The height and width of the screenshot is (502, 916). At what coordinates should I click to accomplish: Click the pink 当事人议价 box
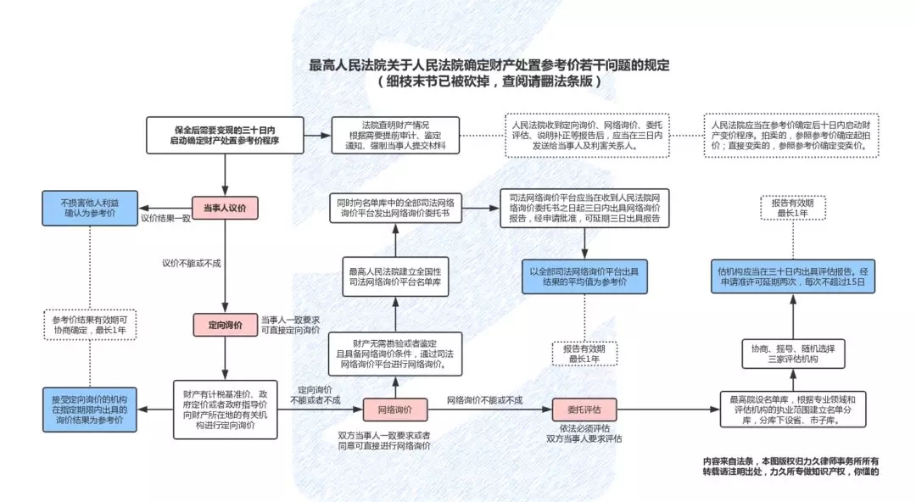tap(225, 208)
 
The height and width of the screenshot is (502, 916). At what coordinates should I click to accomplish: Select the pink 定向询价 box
tap(225, 325)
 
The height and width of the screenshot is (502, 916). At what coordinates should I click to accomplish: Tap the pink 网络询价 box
tap(393, 410)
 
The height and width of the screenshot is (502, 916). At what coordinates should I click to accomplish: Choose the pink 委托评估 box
tap(584, 410)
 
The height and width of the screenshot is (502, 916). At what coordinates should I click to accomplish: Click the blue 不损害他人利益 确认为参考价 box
tap(89, 208)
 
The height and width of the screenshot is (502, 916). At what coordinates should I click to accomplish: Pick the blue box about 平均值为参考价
tap(584, 277)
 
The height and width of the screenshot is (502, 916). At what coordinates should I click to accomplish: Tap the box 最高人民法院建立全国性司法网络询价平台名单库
tap(394, 276)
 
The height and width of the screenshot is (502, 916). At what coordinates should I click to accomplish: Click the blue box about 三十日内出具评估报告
tap(793, 277)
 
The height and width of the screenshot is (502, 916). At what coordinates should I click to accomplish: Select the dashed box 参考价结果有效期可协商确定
tap(89, 325)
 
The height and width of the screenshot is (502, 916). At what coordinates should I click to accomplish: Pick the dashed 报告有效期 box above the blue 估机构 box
tap(793, 208)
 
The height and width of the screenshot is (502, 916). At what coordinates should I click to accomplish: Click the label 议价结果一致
tap(165, 220)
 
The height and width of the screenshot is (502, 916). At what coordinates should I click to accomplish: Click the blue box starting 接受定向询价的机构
tap(89, 410)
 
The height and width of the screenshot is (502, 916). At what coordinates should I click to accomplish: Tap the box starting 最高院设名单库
tap(793, 410)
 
